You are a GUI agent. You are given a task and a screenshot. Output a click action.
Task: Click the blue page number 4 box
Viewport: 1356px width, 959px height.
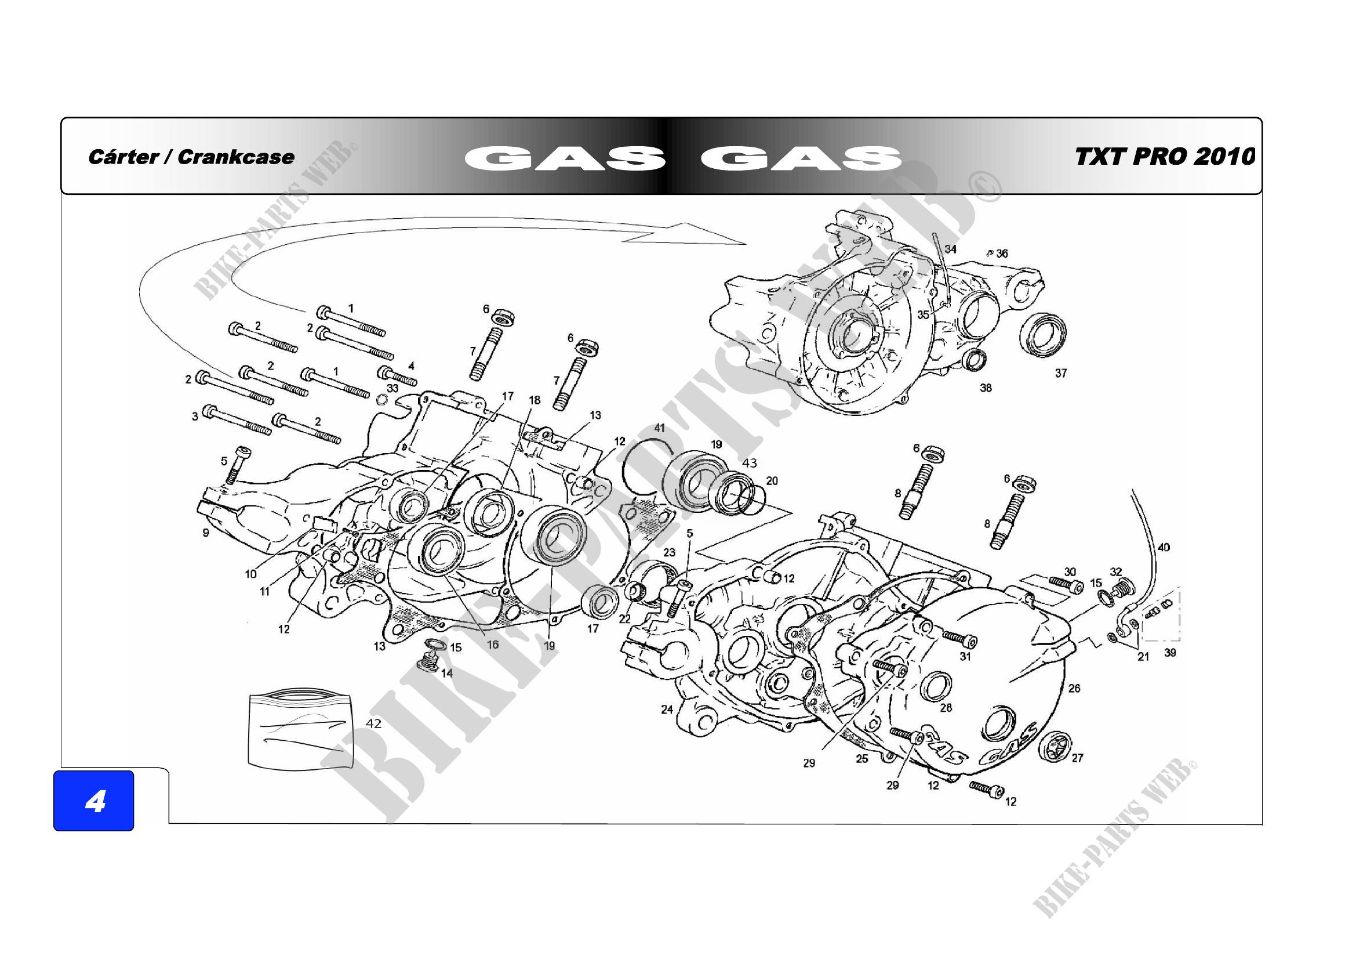click(x=94, y=801)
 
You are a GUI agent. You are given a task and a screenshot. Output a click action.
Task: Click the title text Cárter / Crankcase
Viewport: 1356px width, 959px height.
click(x=191, y=157)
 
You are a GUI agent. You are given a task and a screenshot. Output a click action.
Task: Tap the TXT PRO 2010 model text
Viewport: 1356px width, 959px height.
click(x=1164, y=157)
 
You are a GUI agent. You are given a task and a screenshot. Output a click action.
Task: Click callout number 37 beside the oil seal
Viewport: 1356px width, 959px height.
click(x=1061, y=374)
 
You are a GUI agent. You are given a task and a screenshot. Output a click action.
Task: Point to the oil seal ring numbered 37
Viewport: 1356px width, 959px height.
click(x=1043, y=335)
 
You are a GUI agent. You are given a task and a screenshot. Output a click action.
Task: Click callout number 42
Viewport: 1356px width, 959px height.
click(x=373, y=723)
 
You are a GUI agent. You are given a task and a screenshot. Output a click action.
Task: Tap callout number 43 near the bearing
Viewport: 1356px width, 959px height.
click(x=749, y=463)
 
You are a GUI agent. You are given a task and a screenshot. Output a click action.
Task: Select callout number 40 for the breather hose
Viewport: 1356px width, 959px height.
click(x=1163, y=547)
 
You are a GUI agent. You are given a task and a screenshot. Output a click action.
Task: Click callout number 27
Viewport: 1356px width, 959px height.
click(x=1077, y=758)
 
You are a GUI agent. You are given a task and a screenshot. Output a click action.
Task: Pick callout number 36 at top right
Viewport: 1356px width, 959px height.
click(x=1002, y=254)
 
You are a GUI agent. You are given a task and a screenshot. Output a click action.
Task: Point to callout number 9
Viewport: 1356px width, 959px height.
click(x=206, y=533)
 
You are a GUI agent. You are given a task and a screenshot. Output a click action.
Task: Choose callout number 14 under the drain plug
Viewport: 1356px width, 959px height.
click(x=446, y=673)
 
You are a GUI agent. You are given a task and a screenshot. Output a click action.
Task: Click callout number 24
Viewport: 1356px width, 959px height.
click(x=667, y=709)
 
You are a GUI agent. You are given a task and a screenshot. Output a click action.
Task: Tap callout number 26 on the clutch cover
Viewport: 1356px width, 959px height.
click(x=1074, y=689)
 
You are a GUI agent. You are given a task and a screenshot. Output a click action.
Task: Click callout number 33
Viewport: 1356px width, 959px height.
click(x=392, y=388)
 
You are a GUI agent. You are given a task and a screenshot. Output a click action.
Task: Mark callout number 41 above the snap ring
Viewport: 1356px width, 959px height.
click(x=659, y=428)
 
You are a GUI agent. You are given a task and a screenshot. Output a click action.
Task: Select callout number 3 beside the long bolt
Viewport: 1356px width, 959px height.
click(x=195, y=417)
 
